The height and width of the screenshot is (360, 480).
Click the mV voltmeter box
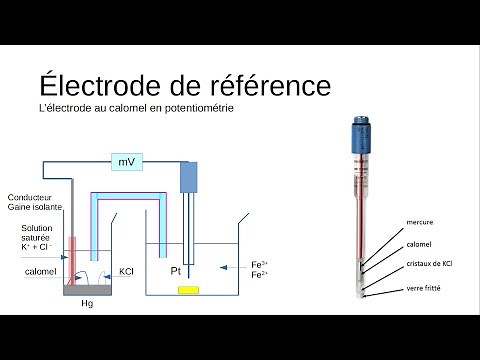pyautogui.click(x=127, y=161)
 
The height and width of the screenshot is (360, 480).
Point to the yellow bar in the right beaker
pyautogui.click(x=188, y=290)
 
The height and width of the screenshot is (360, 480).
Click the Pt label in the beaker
pyautogui.click(x=175, y=271)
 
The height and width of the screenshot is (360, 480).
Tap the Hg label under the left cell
pyautogui.click(x=86, y=305)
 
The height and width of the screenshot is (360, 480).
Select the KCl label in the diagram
pyautogui.click(x=127, y=271)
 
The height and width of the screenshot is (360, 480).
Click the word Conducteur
pyautogui.click(x=31, y=197)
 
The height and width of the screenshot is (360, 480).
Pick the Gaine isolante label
pyautogui.click(x=34, y=207)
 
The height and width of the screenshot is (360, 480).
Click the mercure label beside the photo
pyautogui.click(x=420, y=222)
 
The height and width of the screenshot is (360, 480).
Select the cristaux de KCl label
pyautogui.click(x=431, y=265)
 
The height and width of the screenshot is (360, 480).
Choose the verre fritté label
pyautogui.click(x=424, y=288)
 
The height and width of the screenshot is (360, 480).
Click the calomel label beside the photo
pyautogui.click(x=419, y=244)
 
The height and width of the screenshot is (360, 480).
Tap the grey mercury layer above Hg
pyautogui.click(x=86, y=290)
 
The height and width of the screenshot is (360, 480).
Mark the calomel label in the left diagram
pyautogui.click(x=41, y=271)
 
